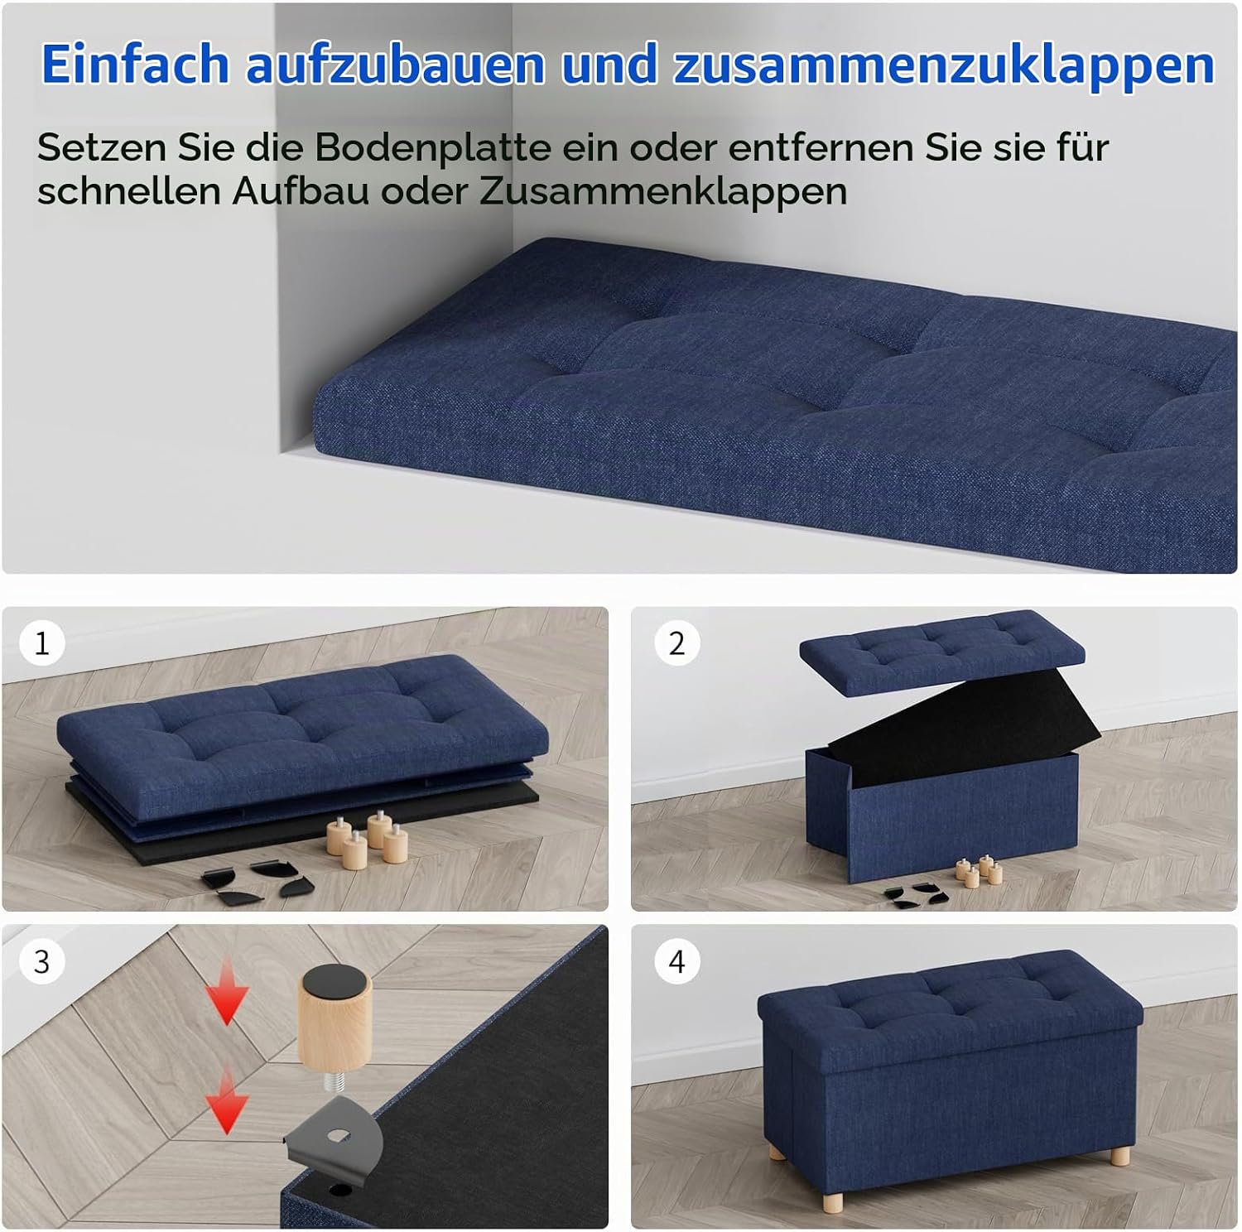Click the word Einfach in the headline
click(x=135, y=63)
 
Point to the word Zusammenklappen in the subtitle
click(x=663, y=191)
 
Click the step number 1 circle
click(x=41, y=643)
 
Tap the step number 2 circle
click(x=676, y=643)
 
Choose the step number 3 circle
click(x=41, y=962)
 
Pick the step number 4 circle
click(x=676, y=962)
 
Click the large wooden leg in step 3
click(x=335, y=1018)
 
